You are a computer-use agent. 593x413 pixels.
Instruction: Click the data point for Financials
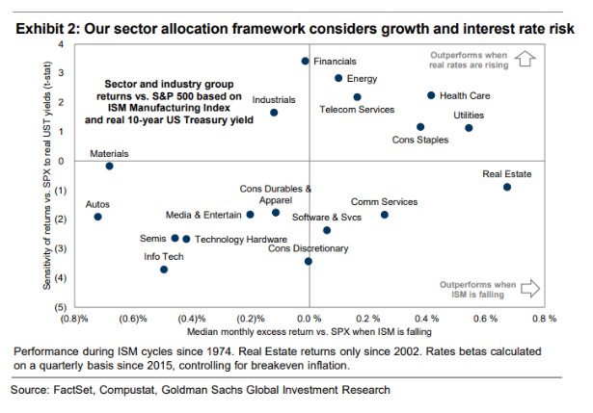[x=306, y=61]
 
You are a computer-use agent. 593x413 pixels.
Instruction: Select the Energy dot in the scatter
[x=338, y=78]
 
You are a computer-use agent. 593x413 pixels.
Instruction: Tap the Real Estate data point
[x=507, y=187]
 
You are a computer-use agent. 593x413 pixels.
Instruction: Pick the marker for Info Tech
[x=164, y=270]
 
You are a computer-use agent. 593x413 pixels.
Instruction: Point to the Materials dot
[x=110, y=166]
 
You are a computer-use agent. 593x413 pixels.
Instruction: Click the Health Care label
[x=465, y=96]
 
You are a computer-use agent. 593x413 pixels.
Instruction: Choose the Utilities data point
[x=469, y=128]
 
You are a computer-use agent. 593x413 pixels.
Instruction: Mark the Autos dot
[x=97, y=217]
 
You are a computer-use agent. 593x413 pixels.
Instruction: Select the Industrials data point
[x=274, y=113]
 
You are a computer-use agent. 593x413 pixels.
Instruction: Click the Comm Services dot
[x=384, y=215]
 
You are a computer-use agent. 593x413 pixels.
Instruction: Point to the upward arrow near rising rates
[x=526, y=60]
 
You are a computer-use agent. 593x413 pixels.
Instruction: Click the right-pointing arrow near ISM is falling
[x=529, y=287]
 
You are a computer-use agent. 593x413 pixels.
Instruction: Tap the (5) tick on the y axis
[x=60, y=306]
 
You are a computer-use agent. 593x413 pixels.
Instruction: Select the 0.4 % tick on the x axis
[x=426, y=318]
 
